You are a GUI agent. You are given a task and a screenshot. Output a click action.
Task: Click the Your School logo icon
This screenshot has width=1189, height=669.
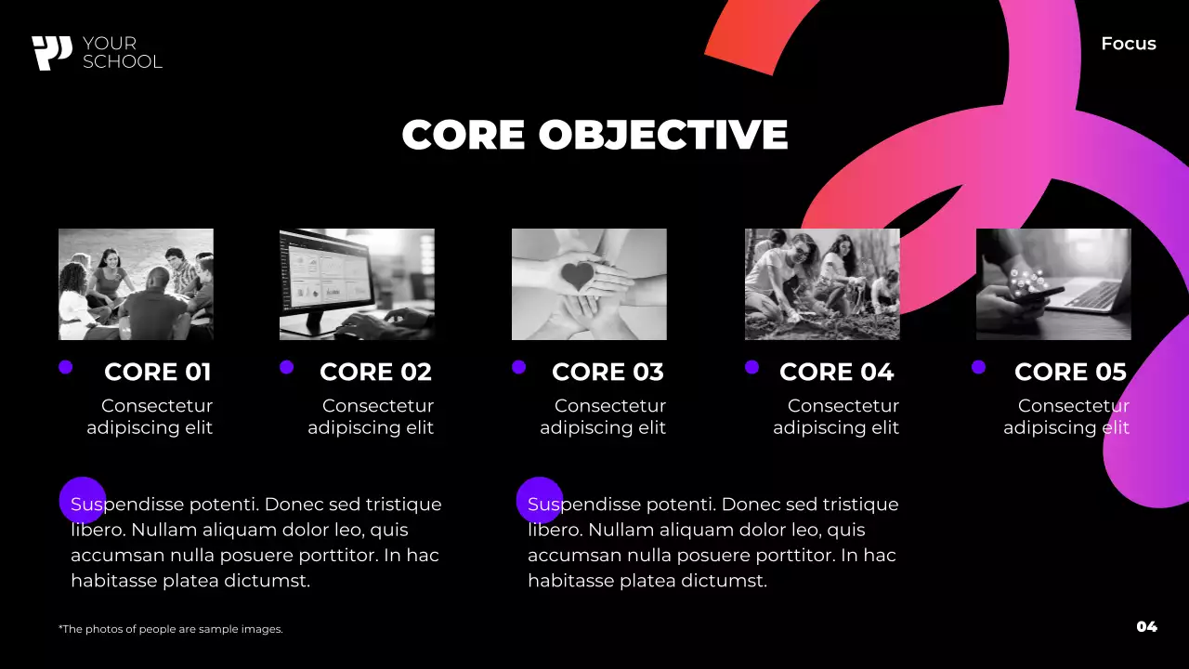pyautogui.click(x=51, y=53)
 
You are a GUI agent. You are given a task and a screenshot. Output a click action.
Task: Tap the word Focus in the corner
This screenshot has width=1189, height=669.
pyautogui.click(x=1128, y=44)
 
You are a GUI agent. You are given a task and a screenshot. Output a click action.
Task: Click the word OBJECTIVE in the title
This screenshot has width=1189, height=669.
pyautogui.click(x=663, y=135)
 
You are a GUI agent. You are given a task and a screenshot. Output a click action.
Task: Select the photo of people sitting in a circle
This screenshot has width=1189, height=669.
pyautogui.click(x=136, y=284)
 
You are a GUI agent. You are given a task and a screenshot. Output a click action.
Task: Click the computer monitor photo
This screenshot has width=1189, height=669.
pyautogui.click(x=357, y=284)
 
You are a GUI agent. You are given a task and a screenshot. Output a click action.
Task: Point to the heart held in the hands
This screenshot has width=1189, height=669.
pyautogui.click(x=579, y=276)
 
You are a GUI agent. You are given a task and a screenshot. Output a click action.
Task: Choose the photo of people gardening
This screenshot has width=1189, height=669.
pyautogui.click(x=822, y=284)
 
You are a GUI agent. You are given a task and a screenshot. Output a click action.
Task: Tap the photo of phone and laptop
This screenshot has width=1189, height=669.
pyautogui.click(x=1053, y=284)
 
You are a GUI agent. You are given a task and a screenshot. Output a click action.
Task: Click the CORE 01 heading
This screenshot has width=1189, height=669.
pyautogui.click(x=158, y=372)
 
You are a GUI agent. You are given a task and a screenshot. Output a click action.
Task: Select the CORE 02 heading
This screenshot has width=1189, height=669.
pyautogui.click(x=375, y=372)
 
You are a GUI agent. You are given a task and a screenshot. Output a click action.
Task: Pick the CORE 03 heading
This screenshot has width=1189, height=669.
pyautogui.click(x=608, y=372)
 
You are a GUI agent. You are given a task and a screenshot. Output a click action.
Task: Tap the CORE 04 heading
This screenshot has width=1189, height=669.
pyautogui.click(x=836, y=372)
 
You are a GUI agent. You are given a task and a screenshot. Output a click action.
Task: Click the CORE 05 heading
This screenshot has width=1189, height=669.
pyautogui.click(x=1070, y=372)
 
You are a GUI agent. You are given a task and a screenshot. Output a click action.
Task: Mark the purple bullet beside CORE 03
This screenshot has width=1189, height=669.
pyautogui.click(x=518, y=367)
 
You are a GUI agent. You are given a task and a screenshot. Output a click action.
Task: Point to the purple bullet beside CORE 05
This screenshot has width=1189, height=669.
pyautogui.click(x=978, y=367)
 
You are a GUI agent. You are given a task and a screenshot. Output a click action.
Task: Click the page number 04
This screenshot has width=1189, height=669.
pyautogui.click(x=1146, y=626)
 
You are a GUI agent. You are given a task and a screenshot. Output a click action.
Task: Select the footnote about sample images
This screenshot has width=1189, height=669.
pyautogui.click(x=170, y=629)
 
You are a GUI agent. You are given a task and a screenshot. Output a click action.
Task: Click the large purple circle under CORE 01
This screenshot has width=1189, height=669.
pyautogui.click(x=83, y=500)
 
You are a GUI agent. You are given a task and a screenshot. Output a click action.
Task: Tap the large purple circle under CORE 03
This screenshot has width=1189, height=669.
pyautogui.click(x=540, y=500)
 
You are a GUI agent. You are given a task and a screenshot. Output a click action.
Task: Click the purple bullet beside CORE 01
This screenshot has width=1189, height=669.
pyautogui.click(x=65, y=367)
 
